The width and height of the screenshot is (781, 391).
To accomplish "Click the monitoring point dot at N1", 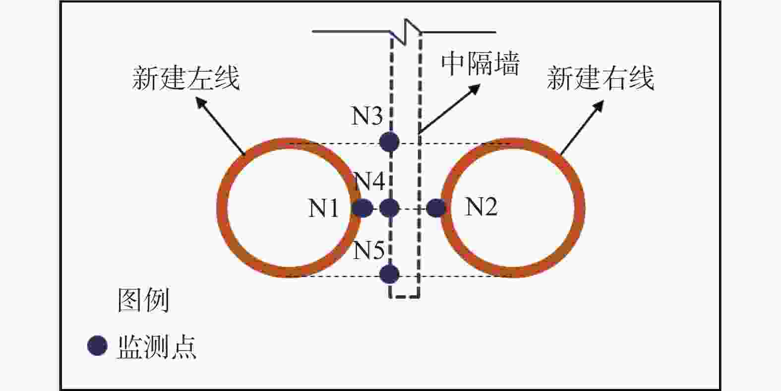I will (362, 208).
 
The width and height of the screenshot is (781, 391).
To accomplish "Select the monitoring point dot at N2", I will (436, 208).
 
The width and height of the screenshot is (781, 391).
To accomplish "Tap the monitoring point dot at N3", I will (389, 142).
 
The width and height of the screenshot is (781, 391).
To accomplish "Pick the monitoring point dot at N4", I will (389, 208).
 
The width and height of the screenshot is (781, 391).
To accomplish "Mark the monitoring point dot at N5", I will (389, 274).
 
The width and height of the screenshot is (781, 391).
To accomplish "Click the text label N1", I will (323, 207).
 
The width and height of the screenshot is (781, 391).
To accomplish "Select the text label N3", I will (367, 116).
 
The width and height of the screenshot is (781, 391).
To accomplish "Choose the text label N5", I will (368, 250).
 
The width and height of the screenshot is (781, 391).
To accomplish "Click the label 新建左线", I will (186, 78).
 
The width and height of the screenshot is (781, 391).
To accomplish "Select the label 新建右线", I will (601, 78).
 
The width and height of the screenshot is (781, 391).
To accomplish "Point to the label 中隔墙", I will (480, 64).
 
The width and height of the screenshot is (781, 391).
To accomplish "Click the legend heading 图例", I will (143, 300).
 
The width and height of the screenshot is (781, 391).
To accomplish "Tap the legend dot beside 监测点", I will (97, 346).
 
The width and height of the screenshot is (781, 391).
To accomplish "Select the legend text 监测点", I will (157, 346).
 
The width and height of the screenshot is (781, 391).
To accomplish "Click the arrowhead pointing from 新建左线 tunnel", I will (201, 102).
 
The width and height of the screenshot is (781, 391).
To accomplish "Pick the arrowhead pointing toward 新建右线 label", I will (599, 106).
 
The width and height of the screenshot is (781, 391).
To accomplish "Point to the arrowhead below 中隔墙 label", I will (475, 89).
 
